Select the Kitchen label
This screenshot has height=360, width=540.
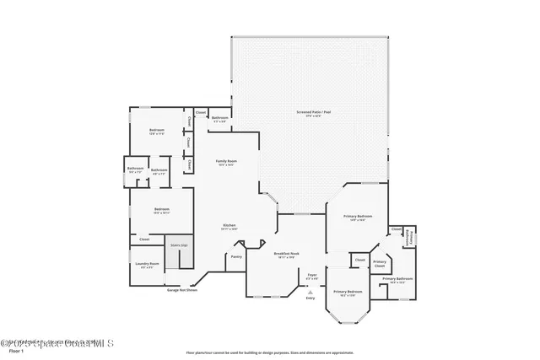tap(228, 225)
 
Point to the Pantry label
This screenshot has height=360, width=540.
tap(236, 256)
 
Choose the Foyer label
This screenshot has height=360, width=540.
tap(311, 275)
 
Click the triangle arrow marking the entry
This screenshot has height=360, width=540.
tap(310, 292)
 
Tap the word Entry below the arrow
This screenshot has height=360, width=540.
tap(310, 298)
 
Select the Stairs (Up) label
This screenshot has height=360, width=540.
tap(178, 245)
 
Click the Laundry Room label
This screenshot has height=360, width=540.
tap(147, 266)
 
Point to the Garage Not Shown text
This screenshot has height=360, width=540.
tap(181, 290)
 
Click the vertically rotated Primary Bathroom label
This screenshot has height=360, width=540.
tap(410, 239)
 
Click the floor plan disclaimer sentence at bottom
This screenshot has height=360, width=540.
tap(269, 352)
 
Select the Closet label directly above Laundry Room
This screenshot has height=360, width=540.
tap(144, 239)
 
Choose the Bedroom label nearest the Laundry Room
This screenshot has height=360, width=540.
tap(161, 209)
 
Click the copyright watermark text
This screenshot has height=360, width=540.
tap(57, 342)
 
